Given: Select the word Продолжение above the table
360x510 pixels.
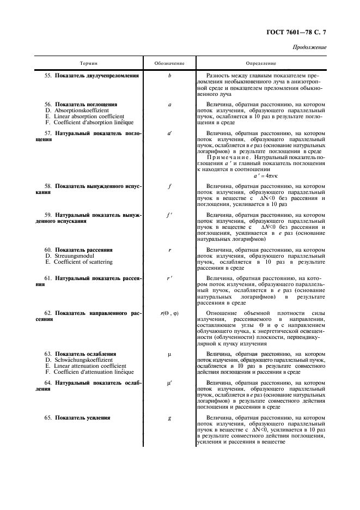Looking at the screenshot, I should point(309,47).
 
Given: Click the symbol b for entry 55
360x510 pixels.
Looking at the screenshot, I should point(169,75).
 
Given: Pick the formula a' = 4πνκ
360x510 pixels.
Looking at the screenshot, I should point(266,176).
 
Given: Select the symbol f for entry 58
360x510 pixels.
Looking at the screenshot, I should point(169,186).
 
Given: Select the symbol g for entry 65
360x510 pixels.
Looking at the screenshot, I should point(169,417).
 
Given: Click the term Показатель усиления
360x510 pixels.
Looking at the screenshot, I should point(82,417).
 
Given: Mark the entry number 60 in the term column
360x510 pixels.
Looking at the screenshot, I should point(48,250).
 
